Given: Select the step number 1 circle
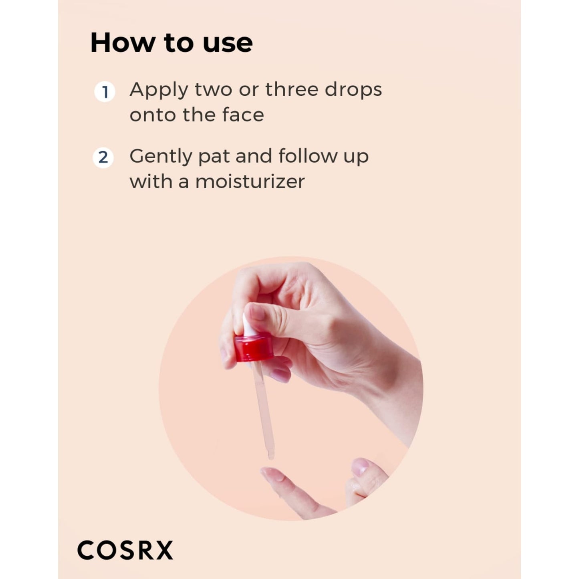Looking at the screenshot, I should click(x=105, y=92).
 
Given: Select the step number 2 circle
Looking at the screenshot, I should click(x=103, y=157).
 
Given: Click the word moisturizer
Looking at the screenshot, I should click(x=250, y=182).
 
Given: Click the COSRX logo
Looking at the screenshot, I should click(x=125, y=550).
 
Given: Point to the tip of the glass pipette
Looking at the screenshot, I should click(x=271, y=456).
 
